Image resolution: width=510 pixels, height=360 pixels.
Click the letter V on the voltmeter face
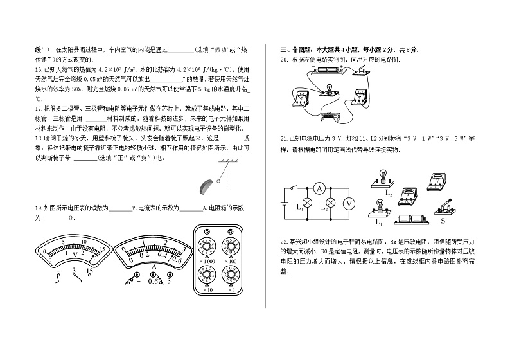coord(76,255)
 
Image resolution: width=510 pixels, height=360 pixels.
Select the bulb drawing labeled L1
coord(379,208)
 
